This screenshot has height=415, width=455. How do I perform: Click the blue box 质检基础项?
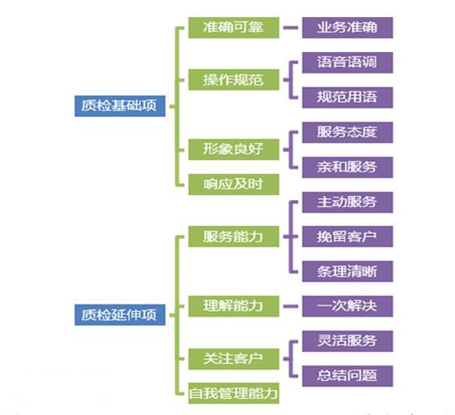120,106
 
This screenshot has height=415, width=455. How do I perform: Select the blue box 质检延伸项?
120,314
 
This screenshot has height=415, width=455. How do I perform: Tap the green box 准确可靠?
234,28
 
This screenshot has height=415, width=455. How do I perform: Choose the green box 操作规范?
234,80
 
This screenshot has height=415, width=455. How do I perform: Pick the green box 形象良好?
234,149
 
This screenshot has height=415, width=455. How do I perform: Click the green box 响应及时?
234,184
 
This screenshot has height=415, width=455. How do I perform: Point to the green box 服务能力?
234,236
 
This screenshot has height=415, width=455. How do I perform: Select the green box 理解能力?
234,306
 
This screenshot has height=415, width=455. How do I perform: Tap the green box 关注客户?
234,359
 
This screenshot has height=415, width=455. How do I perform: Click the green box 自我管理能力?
234,393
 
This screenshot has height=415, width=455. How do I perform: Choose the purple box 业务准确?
348,28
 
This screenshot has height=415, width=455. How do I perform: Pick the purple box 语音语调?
348,63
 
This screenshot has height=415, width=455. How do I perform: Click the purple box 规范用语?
348,97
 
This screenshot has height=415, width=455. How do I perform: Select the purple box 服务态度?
348,132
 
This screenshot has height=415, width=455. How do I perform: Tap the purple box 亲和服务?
348,167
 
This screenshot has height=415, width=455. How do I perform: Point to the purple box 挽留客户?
348,236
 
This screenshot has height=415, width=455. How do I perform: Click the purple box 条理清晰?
348,271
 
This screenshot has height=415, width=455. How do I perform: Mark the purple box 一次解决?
348,306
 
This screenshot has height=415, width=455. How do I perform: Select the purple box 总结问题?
348,376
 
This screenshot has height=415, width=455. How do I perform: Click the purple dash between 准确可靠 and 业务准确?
291,28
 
